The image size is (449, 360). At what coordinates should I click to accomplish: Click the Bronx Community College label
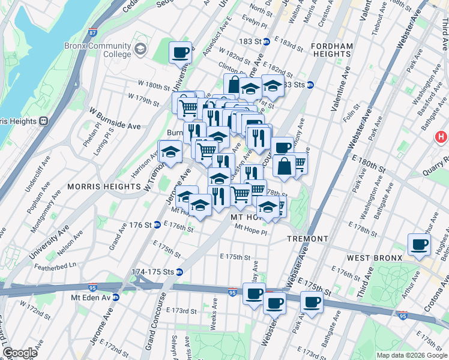[x=98, y=50]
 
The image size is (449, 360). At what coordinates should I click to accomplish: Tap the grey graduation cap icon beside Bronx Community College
[x=141, y=48]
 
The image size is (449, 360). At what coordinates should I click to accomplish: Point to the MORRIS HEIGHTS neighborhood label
[x=96, y=187]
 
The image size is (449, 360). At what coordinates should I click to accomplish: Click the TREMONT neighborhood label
[x=307, y=239]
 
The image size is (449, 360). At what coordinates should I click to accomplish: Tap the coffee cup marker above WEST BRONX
[x=419, y=244]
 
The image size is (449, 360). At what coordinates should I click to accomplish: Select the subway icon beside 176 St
[x=157, y=225]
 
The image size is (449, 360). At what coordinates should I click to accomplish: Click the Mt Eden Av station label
[x=93, y=297]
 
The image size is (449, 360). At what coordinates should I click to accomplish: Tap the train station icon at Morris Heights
[x=43, y=121]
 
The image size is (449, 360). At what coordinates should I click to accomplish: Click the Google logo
[x=20, y=353]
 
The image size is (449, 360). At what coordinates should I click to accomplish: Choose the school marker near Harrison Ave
[x=170, y=151]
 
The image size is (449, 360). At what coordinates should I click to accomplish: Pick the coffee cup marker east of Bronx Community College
[x=180, y=52]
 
